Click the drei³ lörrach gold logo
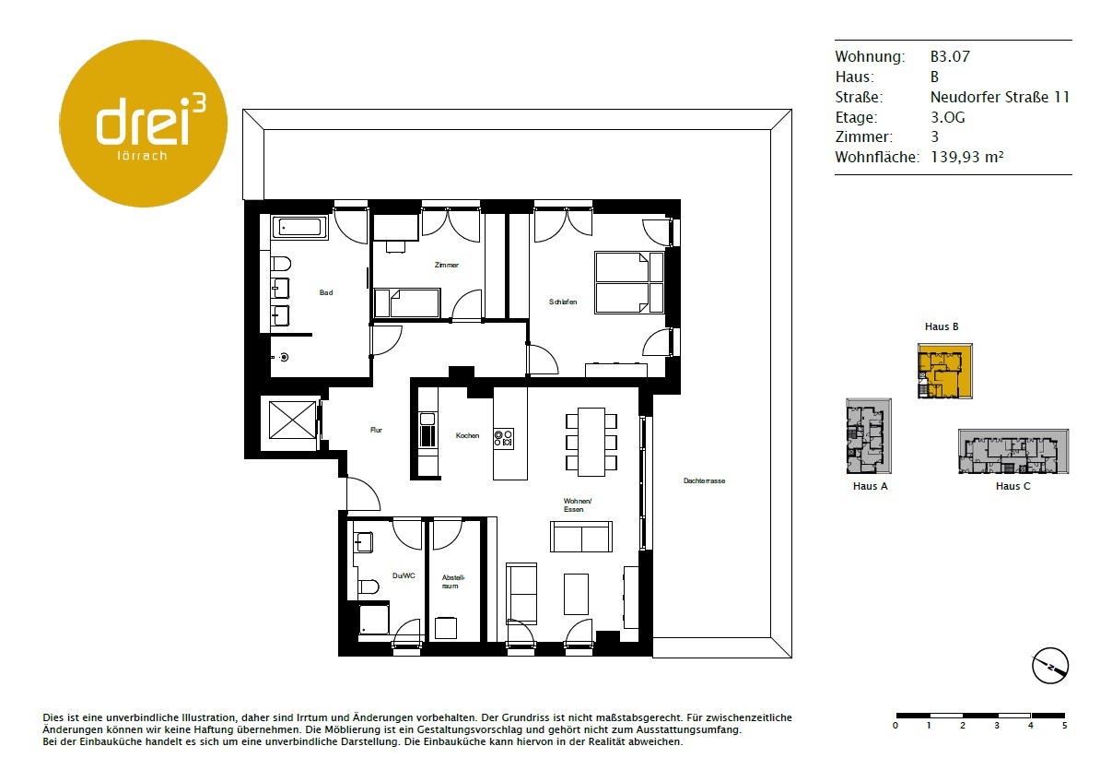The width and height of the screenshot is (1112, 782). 144,124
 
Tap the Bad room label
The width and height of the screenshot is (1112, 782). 326,292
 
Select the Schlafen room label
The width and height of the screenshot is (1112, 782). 563,302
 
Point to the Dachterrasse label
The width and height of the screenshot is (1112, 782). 704,481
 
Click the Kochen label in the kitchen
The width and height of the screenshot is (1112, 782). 468,435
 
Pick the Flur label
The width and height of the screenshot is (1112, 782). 376,430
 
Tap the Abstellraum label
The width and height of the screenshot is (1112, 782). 452,582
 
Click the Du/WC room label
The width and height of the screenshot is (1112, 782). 404,575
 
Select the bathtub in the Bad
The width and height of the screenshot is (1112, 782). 299,228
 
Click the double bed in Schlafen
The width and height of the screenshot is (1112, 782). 629,283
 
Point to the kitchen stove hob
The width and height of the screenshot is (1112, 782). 503,439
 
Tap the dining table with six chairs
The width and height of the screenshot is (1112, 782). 591,442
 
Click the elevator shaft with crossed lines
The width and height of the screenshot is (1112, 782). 292,421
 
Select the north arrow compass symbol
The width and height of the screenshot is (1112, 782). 1050,666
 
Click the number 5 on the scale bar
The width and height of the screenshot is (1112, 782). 1064,726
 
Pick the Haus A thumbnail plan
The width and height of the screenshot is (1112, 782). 869,436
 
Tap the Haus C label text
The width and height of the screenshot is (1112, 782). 1013,486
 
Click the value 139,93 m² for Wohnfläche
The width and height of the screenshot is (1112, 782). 967,157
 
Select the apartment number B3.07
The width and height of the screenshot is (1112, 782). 950,56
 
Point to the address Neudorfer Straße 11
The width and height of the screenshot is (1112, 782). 1000,97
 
